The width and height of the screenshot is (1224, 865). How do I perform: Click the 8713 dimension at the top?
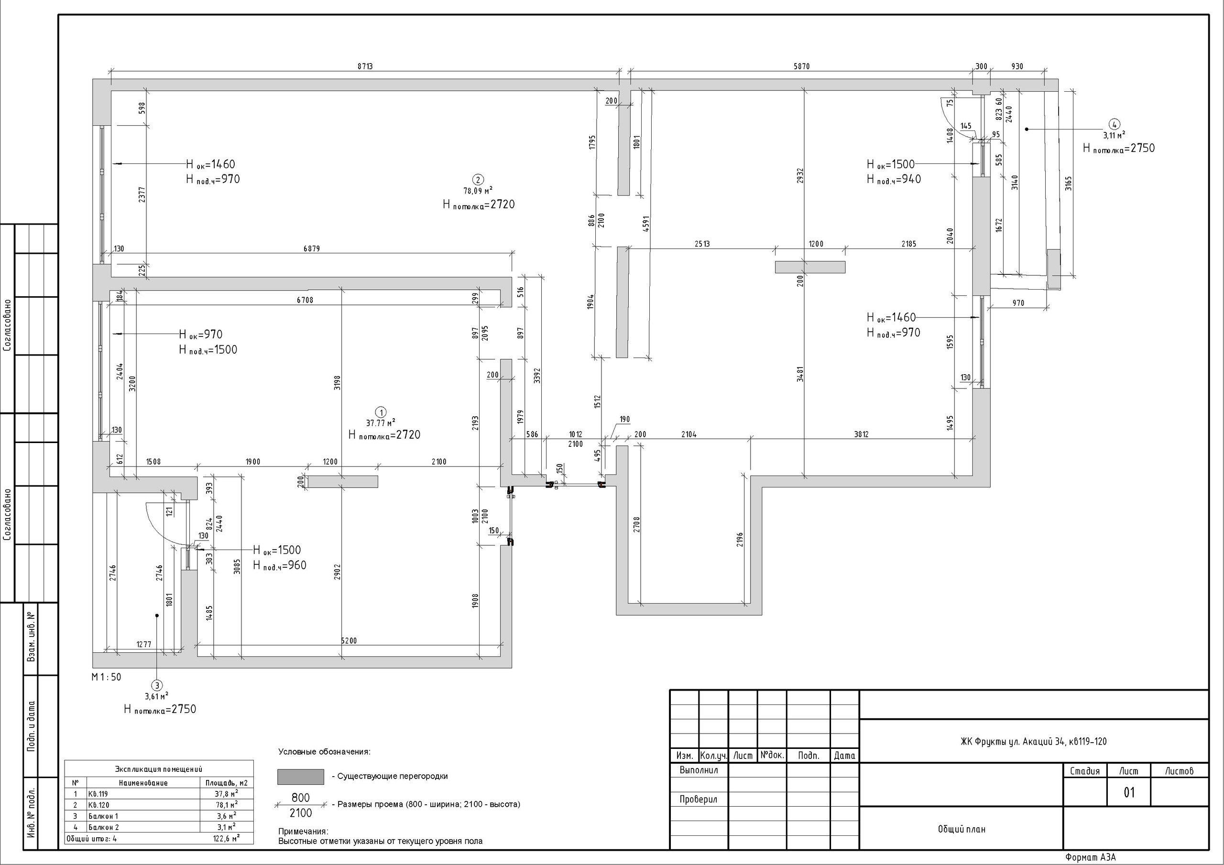coord(365,66)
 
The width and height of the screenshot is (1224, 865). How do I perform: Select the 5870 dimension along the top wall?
coord(801,66)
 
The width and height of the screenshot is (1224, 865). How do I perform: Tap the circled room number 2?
coord(478,180)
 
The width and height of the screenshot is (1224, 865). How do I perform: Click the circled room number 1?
coord(381,412)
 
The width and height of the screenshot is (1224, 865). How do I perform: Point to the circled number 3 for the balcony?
coord(156,685)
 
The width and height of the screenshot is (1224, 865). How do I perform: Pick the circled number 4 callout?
coord(1114,125)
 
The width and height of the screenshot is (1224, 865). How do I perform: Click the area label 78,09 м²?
coord(478,190)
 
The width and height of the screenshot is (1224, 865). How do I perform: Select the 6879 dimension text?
coord(312,249)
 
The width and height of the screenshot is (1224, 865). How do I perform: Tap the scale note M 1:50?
coord(107,677)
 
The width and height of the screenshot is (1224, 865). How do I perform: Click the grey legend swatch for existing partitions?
coord(301,777)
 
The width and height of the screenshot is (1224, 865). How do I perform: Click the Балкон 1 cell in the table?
coord(103,816)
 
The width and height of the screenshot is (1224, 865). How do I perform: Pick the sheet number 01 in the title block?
coord(1129,792)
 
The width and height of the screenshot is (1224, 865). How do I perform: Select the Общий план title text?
coord(962,829)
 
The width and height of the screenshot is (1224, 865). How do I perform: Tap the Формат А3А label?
coord(1090,857)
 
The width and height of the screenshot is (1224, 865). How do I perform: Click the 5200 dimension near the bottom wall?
coord(349,640)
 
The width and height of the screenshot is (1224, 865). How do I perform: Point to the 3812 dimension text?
coord(861,434)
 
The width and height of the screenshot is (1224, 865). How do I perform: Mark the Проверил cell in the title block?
coord(699,800)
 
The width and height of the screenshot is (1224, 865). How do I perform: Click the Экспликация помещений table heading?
coord(159,769)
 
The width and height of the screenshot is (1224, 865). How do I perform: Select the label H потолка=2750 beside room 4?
coord(1118,148)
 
